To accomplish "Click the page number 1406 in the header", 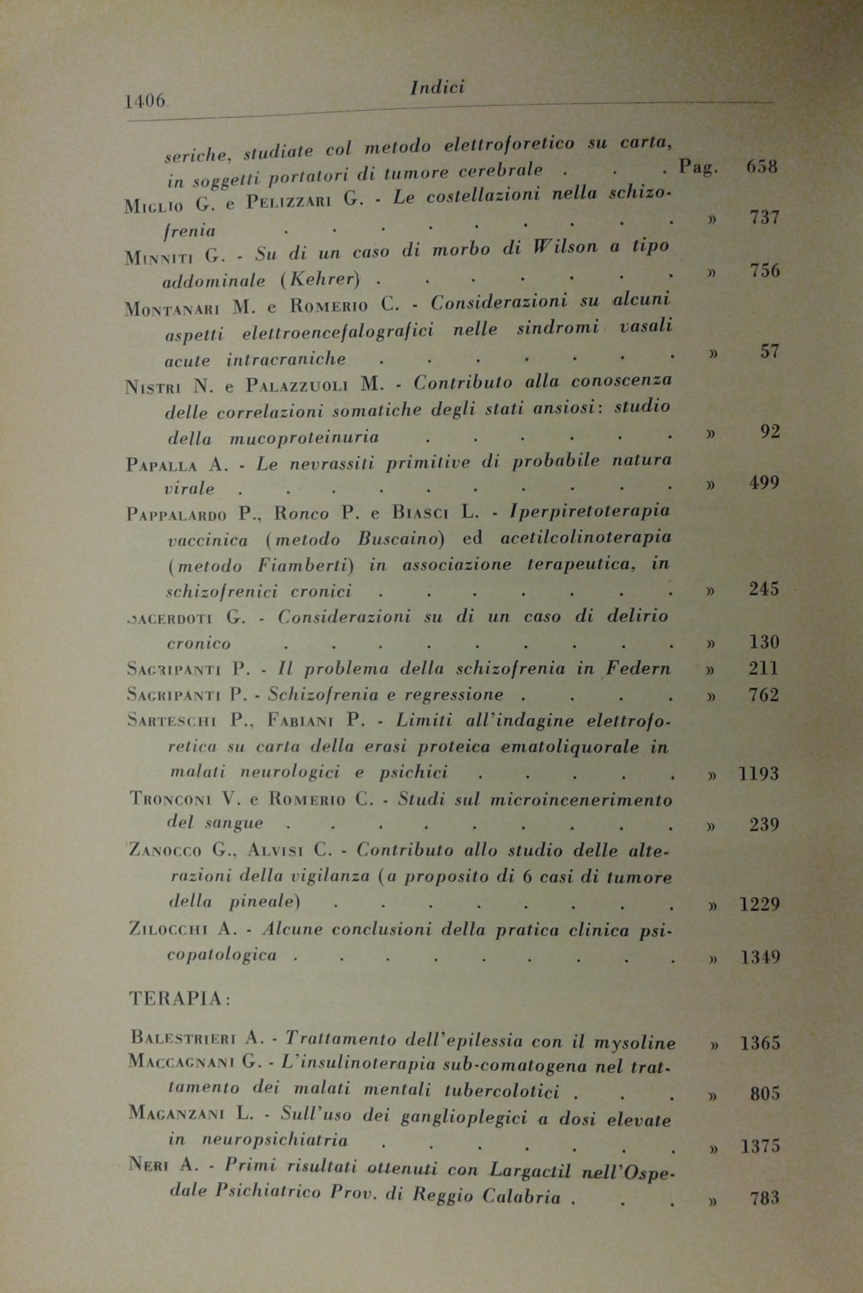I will [x=145, y=101].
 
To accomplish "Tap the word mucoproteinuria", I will [x=304, y=438].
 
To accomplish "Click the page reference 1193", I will [x=758, y=774].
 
